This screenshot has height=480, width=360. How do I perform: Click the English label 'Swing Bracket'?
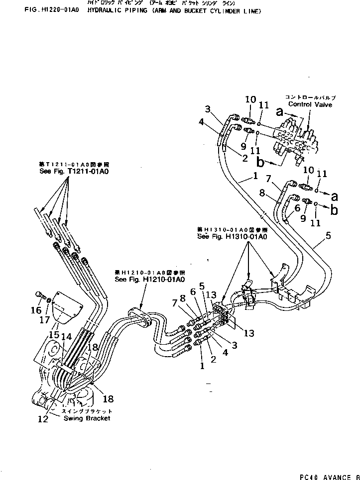pos(87,418)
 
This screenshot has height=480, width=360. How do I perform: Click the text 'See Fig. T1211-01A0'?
pos(74,171)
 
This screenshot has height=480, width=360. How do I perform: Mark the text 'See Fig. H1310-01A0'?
pos(232,237)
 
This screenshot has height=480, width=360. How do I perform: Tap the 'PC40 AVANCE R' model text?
pos(329,477)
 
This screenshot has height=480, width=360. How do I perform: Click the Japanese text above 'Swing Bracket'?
pos(87,411)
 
